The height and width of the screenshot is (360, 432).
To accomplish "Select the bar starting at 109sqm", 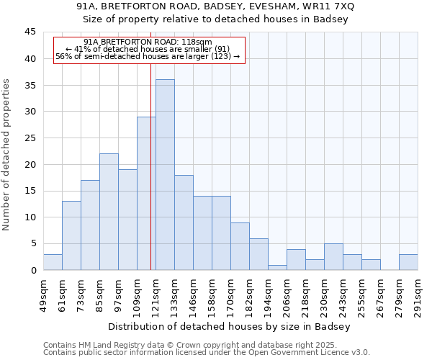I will (x=146, y=194).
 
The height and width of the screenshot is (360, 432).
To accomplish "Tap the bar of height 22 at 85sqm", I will (x=109, y=212).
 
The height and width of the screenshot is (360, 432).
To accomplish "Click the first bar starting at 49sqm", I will (x=53, y=262).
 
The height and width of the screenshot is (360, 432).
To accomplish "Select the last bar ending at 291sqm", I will (x=408, y=262).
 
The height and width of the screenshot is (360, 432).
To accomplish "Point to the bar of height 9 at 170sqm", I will (x=240, y=246).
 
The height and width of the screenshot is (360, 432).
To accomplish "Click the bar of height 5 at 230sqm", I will (x=333, y=257).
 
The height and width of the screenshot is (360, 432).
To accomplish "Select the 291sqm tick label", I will (x=418, y=294).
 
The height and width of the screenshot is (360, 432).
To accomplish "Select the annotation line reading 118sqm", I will (x=148, y=42).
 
